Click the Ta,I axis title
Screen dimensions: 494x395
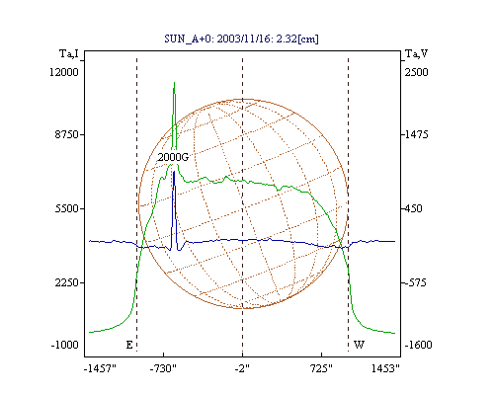(x=69, y=53)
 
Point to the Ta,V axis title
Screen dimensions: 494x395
(x=416, y=53)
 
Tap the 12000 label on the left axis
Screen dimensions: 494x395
(x=64, y=72)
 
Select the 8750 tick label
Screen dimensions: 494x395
(x=67, y=134)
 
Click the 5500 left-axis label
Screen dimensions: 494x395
(x=67, y=208)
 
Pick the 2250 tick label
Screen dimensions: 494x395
(x=67, y=282)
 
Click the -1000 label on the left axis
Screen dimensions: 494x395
(x=64, y=345)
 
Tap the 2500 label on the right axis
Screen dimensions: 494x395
(x=416, y=72)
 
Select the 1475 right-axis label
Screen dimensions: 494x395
(x=416, y=134)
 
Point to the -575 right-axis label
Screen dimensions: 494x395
(x=415, y=282)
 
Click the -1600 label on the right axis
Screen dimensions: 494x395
(x=418, y=345)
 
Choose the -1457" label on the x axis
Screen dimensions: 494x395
(x=100, y=368)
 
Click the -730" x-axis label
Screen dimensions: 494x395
(x=163, y=368)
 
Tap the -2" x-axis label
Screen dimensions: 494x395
(x=242, y=368)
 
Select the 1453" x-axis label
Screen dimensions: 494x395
(x=385, y=368)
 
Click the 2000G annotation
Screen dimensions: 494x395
(x=173, y=157)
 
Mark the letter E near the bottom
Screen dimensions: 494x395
(x=129, y=345)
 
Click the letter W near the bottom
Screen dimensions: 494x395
(x=359, y=345)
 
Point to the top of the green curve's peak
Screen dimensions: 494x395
(x=174, y=82)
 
